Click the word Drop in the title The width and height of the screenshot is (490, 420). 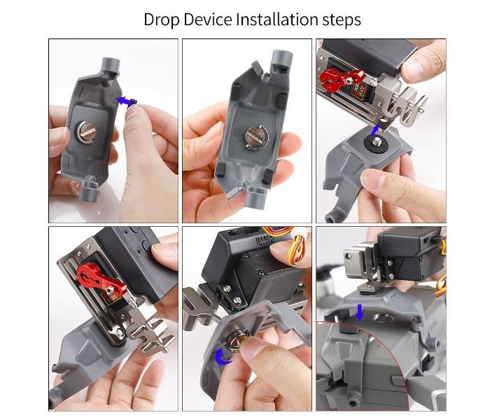click(x=161, y=20)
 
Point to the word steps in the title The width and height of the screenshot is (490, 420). click(x=342, y=20)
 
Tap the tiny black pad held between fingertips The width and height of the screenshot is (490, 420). click(x=134, y=102)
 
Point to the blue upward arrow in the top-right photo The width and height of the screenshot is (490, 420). click(x=374, y=131)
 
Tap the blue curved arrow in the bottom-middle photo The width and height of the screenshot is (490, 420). click(x=223, y=356)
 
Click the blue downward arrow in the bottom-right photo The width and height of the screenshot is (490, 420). click(x=360, y=312)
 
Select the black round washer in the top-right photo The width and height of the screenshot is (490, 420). click(x=377, y=142)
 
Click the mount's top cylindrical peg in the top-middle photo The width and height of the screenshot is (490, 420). click(x=281, y=62)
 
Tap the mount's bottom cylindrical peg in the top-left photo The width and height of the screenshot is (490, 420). click(x=87, y=189)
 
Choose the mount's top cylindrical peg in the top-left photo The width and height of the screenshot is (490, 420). click(x=111, y=68)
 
